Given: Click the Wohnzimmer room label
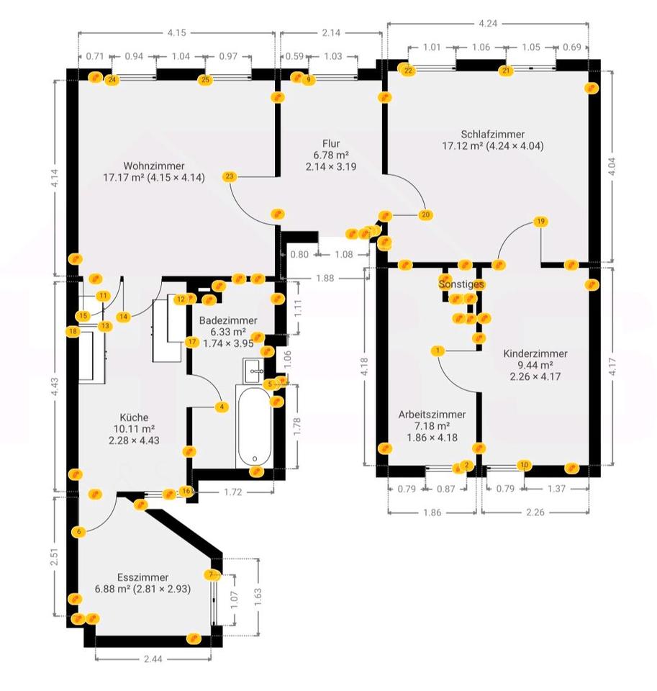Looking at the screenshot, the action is tap(154, 166).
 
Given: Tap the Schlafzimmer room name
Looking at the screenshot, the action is tap(493, 134).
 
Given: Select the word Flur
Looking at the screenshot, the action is tap(331, 144).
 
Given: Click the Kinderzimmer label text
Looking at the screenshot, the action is tap(535, 353).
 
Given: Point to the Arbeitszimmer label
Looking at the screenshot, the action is tap(432, 415).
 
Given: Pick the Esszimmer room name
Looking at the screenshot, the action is tap(142, 577).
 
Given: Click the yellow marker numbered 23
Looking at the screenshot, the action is tap(229, 177).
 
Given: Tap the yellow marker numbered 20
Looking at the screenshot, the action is tap(425, 215).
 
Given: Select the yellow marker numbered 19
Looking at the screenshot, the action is tap(540, 221).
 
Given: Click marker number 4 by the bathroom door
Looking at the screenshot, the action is tap(222, 407).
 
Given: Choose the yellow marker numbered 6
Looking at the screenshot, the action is tap(79, 532).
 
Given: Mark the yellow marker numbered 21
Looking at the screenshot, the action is tap(506, 71).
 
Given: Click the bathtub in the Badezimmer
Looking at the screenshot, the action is tap(254, 427).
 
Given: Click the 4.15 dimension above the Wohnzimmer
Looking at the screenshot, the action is tap(177, 32).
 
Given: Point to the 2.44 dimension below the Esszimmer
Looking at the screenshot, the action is tap(153, 659).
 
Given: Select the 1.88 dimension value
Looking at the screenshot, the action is tap(325, 278).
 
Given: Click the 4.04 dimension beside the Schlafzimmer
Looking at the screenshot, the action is tap(611, 166).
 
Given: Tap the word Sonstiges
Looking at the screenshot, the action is tap(461, 284).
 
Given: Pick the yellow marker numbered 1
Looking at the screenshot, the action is tap(438, 351).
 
